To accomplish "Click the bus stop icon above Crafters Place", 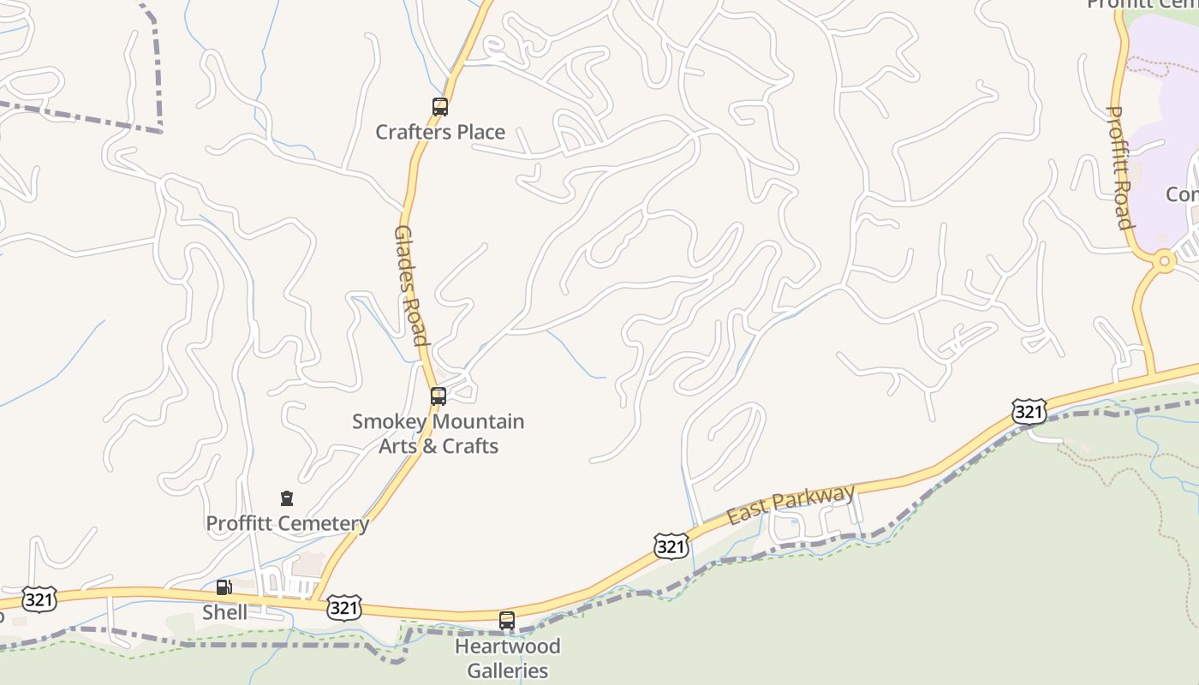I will click(x=440, y=107).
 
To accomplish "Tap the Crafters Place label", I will click(x=440, y=132).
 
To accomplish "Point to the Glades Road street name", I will click(x=410, y=285).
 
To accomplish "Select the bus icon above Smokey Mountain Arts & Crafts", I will click(x=438, y=396).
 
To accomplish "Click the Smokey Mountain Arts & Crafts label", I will click(x=438, y=433).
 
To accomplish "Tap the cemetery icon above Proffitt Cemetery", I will click(x=287, y=498).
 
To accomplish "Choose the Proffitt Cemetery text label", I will click(x=288, y=523).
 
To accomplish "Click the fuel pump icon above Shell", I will click(x=224, y=587).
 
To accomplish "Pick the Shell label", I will click(x=224, y=612).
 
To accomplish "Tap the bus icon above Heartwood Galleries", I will click(x=507, y=621).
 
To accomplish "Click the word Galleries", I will click(x=507, y=670).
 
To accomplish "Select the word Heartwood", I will click(x=507, y=646).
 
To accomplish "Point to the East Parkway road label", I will click(x=790, y=505).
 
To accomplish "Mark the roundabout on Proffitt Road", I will click(x=1163, y=259).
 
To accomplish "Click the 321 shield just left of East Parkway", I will click(x=671, y=545).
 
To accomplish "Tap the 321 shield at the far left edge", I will click(x=39, y=599).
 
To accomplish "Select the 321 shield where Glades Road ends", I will click(x=343, y=607).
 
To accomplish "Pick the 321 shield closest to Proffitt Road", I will click(x=1029, y=412).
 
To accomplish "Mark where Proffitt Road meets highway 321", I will click(x=1152, y=374).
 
